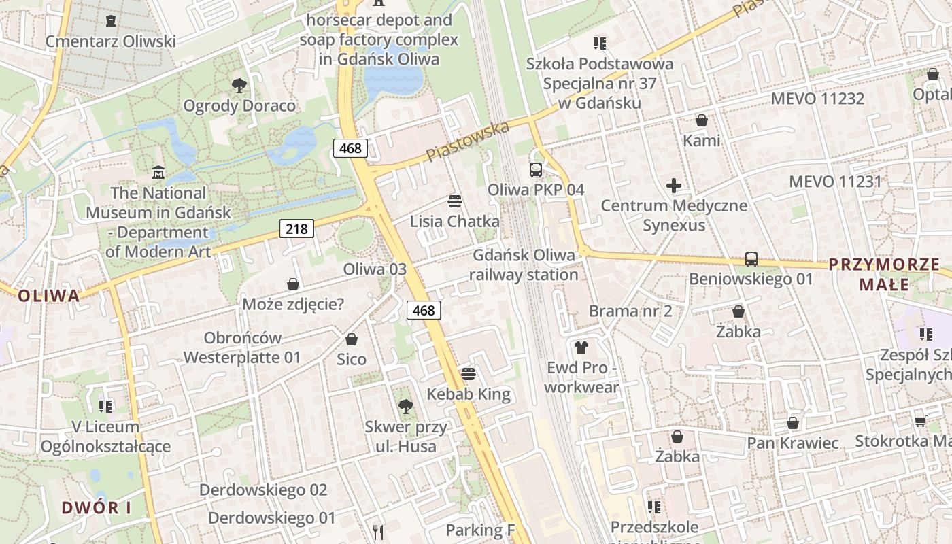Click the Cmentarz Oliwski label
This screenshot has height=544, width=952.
[110, 41]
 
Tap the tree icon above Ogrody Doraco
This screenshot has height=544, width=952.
[239, 86]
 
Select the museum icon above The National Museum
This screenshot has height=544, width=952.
[158, 171]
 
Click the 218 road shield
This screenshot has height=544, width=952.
[296, 229]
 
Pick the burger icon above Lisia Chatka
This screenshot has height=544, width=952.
[454, 201]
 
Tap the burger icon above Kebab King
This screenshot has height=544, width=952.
[468, 373]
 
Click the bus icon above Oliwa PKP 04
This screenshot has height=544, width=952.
[536, 169]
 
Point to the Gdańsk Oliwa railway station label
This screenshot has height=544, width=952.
[523, 265]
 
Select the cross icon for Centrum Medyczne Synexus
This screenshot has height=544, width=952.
[673, 185]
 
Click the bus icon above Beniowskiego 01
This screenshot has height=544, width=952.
[751, 258]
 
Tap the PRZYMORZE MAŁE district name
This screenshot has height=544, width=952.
[883, 274]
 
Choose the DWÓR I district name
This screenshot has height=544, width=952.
[97, 507]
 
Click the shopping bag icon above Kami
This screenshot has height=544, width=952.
[701, 121]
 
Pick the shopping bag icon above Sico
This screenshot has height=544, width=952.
[352, 339]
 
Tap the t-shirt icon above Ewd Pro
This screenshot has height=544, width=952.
[581, 347]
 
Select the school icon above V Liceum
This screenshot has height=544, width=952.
[105, 407]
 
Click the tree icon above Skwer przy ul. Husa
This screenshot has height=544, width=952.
[405, 407]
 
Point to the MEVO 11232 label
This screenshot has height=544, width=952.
[817, 99]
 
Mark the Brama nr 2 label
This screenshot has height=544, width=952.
[630, 311]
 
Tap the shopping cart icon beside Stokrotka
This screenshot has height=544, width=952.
[919, 421]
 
